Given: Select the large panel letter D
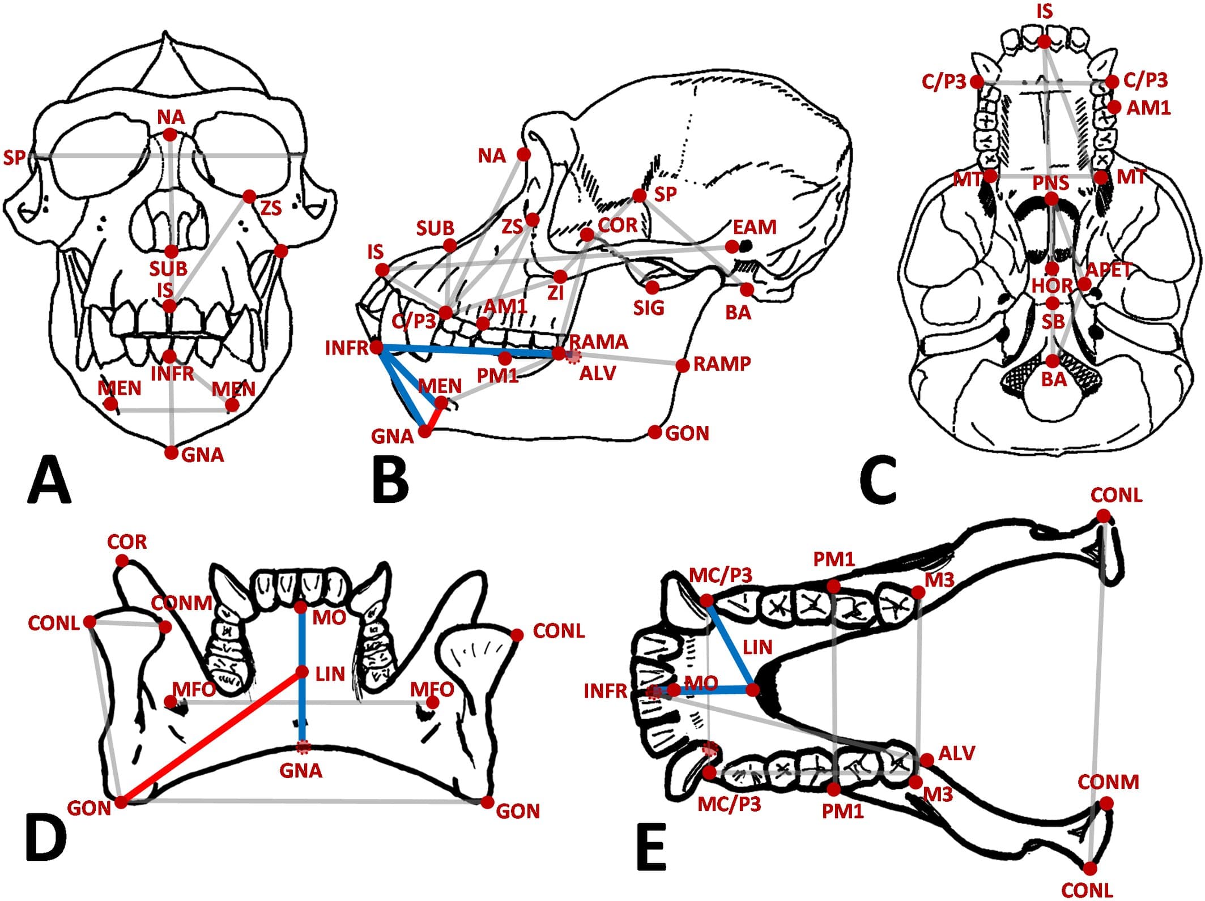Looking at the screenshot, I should [45, 837].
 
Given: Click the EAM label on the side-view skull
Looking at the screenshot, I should [754, 227].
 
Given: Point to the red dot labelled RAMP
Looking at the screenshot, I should [683, 365].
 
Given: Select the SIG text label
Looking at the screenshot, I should [649, 308].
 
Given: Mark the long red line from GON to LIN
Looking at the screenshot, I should [212, 737].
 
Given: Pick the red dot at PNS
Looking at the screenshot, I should [1051, 199].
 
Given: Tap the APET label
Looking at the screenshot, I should [1109, 270].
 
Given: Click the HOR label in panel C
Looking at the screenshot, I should [1051, 285].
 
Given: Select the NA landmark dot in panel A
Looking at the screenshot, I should [169, 135].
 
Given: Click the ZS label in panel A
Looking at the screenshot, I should [271, 208].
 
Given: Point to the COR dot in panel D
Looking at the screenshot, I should [122, 561].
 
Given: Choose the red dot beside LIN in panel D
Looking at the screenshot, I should [303, 672].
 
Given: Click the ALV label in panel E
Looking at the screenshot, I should [957, 753].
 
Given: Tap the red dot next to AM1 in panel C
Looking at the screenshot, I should [1115, 107].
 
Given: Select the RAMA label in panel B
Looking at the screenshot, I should [599, 341].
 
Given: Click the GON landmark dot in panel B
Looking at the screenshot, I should [655, 433].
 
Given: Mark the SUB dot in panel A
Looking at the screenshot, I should [172, 251].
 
